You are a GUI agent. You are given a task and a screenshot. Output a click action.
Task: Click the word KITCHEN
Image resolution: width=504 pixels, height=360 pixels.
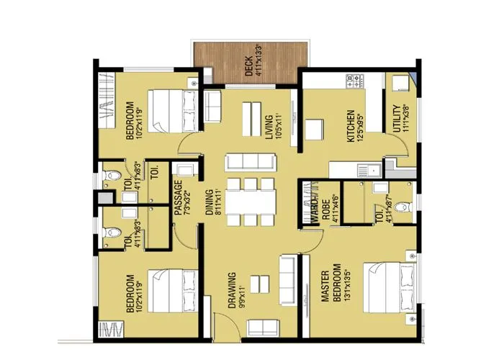tap(351, 126)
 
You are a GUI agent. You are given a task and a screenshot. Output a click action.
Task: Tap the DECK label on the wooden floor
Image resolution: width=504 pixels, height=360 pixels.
tap(249, 63)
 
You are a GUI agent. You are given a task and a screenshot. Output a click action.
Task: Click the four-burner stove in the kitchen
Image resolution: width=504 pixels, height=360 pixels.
tap(355, 81)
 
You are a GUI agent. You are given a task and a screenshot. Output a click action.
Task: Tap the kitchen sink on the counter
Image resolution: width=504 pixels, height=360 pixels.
tap(374, 170)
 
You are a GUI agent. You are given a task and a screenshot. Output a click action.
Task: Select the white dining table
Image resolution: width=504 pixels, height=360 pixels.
tap(251, 202)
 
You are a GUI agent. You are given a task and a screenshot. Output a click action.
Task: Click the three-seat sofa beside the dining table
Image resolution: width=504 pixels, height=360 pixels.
tap(250, 161)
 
